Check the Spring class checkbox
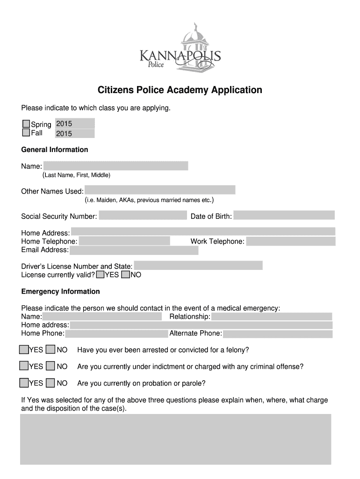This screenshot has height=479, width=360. click(26, 124)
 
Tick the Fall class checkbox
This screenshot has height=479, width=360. click(26, 133)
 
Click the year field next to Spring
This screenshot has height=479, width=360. click(75, 124)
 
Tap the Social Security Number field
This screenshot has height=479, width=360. click(143, 216)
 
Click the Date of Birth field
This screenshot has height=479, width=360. click(284, 216)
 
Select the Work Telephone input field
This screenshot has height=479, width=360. click(291, 241)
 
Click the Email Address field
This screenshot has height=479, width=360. click(134, 250)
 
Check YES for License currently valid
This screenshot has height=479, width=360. click(100, 275)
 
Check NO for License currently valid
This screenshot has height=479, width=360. click(125, 275)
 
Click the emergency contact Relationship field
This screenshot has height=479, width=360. click(272, 317)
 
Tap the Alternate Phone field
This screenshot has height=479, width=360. click(278, 334)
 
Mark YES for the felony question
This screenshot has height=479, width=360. click(24, 350)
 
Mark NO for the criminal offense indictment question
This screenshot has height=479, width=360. click(51, 366)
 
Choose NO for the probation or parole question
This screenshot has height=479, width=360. click(51, 383)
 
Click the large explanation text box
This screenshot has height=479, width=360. click(175, 439)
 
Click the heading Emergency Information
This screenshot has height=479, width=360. click(61, 291)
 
